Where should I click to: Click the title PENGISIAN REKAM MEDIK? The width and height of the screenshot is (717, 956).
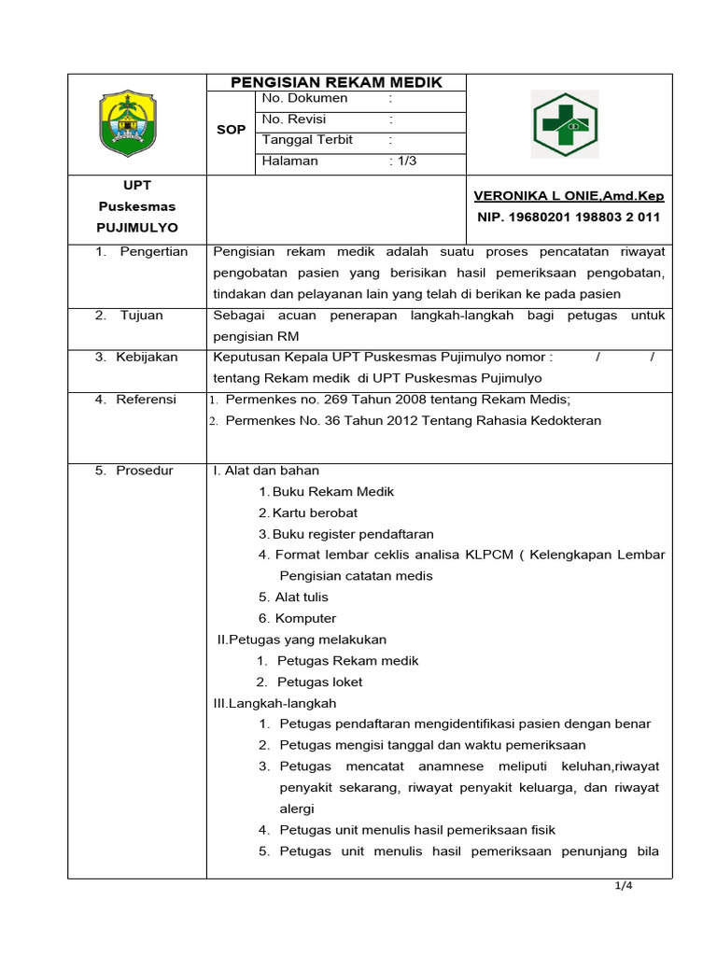coord(336,82)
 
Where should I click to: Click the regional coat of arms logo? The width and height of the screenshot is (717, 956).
coord(136,123)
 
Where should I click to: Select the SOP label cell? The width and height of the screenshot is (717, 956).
coord(231,130)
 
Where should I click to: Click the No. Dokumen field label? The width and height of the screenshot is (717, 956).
coord(305,98)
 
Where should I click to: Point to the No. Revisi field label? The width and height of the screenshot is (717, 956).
coord(294,119)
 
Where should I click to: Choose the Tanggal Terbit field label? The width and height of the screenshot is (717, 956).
coord(307,140)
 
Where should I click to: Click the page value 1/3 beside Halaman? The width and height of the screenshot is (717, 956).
coord(404,161)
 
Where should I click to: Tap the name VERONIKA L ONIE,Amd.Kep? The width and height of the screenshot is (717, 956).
coord(569,196)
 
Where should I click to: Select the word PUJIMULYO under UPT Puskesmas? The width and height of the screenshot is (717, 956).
coord(136,227)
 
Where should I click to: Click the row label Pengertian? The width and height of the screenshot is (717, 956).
coord(153,251)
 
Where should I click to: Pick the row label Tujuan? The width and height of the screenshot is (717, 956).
coord(141,316)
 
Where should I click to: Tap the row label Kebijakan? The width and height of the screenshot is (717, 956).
coord(147,357)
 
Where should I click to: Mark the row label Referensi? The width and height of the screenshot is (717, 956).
coord(146,400)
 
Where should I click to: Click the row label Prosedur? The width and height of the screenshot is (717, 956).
coord(145,471)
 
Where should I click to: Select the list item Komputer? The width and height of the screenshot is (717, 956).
coord(305,618)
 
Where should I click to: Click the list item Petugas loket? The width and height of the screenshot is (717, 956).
coord(320,682)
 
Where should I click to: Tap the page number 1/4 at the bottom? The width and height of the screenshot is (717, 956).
coord(624,887)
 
